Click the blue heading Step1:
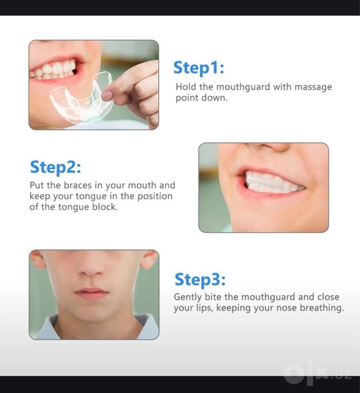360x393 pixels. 199,68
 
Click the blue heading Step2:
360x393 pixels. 56,167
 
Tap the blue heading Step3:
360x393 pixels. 200,280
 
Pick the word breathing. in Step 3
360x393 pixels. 322,308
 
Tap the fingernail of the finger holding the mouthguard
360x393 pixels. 107,95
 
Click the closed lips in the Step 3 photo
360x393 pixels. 91,294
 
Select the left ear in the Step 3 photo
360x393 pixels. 38,260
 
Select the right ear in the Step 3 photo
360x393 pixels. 150,260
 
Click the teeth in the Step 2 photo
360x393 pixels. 271,183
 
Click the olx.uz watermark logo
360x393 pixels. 317,373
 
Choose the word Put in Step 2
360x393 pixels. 37,185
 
